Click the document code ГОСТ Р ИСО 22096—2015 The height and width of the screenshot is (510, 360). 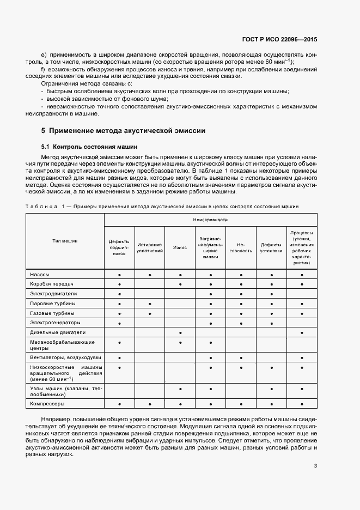(x=280, y=39)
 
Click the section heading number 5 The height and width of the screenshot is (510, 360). (x=44, y=131)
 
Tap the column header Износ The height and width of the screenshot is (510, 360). (x=180, y=247)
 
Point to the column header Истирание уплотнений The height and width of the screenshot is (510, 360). (x=149, y=247)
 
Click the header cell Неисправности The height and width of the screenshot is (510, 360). (x=210, y=220)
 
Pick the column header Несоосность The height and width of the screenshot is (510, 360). (x=241, y=247)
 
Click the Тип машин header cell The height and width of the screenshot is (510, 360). (x=65, y=240)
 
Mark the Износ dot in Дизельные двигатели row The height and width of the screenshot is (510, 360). (x=180, y=332)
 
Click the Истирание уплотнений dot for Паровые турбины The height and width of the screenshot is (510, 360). (x=149, y=303)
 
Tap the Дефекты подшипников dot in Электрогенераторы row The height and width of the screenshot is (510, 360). (x=119, y=323)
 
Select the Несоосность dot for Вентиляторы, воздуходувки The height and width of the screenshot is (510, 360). (x=241, y=357)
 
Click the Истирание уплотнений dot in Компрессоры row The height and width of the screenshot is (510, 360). (x=149, y=404)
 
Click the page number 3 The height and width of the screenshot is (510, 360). (x=315, y=450)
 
